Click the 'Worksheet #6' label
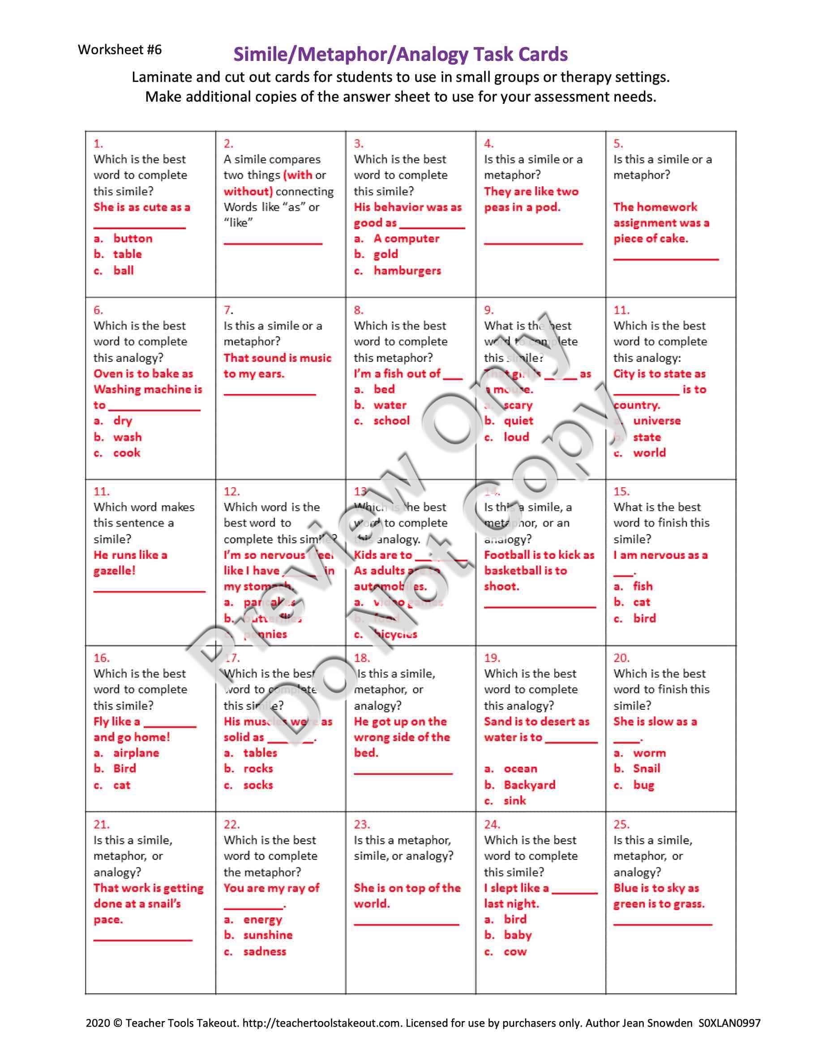pyautogui.click(x=120, y=50)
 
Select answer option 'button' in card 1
pyautogui.click(x=133, y=238)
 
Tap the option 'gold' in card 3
pyautogui.click(x=385, y=254)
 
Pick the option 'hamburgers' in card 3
pyautogui.click(x=407, y=270)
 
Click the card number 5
pyautogui.click(x=618, y=144)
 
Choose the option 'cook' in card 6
pyautogui.click(x=127, y=453)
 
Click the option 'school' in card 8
pyautogui.click(x=391, y=420)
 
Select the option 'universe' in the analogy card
pyautogui.click(x=656, y=420)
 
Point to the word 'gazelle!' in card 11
pyautogui.click(x=115, y=571)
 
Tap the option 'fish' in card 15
pyautogui.click(x=642, y=586)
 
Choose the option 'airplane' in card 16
pyautogui.click(x=136, y=753)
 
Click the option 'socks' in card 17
pyautogui.click(x=258, y=785)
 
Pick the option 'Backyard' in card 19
pyautogui.click(x=529, y=785)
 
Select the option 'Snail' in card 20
pyautogui.click(x=646, y=768)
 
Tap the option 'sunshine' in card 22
pyautogui.click(x=268, y=935)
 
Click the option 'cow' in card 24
pyautogui.click(x=515, y=952)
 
